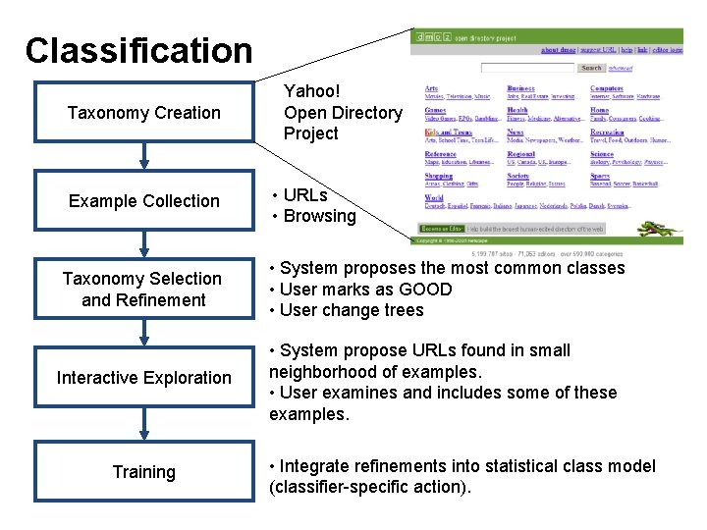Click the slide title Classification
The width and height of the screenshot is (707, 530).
coord(138,50)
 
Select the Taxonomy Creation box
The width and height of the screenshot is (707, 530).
coord(143,113)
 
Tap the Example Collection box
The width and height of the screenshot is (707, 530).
coord(143,201)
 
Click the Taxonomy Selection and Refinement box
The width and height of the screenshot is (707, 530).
coord(143,290)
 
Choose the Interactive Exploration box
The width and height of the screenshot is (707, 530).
coord(143,378)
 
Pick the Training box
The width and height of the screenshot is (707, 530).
coord(143,472)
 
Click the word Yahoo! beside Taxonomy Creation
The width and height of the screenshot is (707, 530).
coord(311,92)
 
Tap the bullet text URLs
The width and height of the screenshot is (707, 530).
coord(305,195)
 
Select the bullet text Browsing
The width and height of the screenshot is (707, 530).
coord(319,216)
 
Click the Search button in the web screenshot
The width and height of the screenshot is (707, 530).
coord(591,68)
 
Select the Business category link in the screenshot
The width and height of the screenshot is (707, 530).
coord(520,88)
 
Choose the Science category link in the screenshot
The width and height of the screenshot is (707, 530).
coord(602,154)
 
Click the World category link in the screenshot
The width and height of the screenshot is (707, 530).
coord(433,197)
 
